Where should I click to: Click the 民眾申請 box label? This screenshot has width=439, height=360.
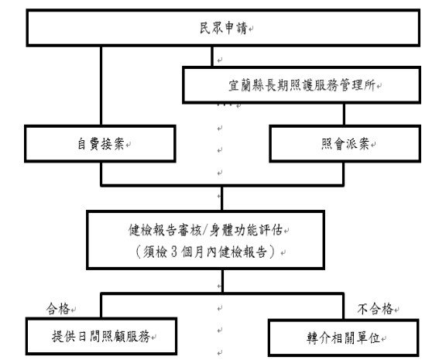(x=224, y=28)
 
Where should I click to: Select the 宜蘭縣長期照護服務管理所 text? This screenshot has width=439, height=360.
(x=302, y=85)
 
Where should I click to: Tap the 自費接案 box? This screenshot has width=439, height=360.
(x=100, y=143)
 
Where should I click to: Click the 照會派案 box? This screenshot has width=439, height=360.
(x=345, y=143)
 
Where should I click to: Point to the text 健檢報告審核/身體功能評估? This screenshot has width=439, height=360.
(x=205, y=230)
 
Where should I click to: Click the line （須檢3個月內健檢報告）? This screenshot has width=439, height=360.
(x=205, y=252)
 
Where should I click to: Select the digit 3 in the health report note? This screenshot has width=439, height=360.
(x=174, y=252)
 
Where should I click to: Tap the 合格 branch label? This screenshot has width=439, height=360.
(x=58, y=309)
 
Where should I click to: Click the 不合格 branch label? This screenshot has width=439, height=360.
(x=376, y=309)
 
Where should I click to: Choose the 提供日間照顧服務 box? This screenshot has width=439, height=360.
(x=101, y=336)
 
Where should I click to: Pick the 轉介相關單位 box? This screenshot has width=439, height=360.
(x=344, y=338)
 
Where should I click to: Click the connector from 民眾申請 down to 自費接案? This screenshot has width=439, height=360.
(x=101, y=85)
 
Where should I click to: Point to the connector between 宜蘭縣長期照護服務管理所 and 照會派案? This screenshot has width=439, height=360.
(x=344, y=115)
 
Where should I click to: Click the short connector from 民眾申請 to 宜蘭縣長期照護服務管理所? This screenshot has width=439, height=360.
(x=212, y=57)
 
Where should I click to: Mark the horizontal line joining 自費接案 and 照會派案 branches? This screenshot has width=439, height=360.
(x=222, y=185)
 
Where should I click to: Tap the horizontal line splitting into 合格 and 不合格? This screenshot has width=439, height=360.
(x=222, y=293)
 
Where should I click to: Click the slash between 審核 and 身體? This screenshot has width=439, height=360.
(x=205, y=231)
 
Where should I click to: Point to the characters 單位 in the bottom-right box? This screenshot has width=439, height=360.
(x=368, y=338)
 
